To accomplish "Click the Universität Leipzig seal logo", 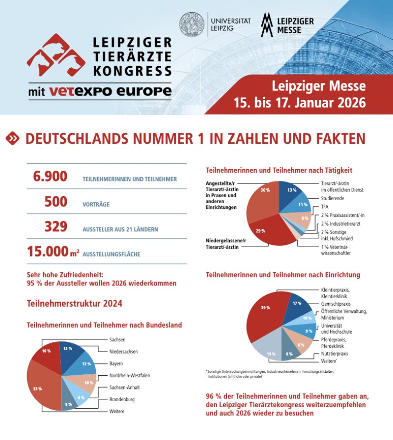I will tap(192, 25).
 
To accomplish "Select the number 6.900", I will tap(50, 177).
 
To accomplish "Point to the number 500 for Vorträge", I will tap(56, 202).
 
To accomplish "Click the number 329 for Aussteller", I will tap(56, 227).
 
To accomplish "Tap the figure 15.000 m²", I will tap(53, 252).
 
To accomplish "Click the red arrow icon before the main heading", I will tap(12, 139).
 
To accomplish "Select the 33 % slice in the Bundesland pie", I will tap(39, 388).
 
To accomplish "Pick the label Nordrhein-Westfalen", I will tap(130, 376).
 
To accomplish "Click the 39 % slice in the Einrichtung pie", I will tap(265, 314).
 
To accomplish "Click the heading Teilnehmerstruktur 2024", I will tap(74, 304).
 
